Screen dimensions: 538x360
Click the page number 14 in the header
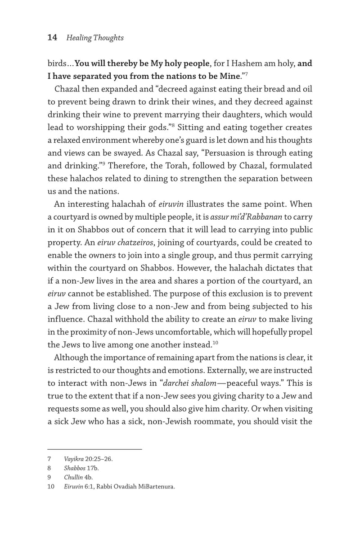click(x=52, y=38)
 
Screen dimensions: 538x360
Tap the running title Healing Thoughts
click(x=94, y=38)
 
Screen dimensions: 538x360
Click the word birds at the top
click(x=57, y=63)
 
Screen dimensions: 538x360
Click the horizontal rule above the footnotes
click(x=94, y=449)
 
